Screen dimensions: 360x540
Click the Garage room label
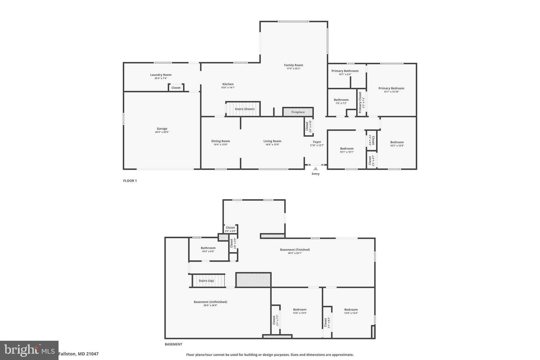[162, 129]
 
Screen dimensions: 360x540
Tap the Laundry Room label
[161, 75]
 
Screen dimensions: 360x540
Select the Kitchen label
[228, 84]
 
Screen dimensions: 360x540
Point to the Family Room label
[293, 65]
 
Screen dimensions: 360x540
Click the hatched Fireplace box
[298, 112]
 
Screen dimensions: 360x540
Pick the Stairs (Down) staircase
[243, 109]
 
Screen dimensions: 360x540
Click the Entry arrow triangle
[315, 169]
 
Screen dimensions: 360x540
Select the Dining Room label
[220, 141]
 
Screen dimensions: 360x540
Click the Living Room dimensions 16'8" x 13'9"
[272, 145]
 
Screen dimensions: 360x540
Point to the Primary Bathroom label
[345, 71]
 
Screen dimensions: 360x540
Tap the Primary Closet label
[360, 102]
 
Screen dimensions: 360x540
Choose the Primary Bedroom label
[391, 88]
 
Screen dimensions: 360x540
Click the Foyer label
[317, 142]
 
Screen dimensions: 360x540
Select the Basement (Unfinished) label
[210, 302]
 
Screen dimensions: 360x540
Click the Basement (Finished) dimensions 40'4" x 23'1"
[295, 253]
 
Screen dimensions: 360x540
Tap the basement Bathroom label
[208, 248]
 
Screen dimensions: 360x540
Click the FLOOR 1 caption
[130, 181]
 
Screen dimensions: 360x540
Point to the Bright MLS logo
[29, 350]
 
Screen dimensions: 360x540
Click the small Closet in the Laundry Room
[176, 88]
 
